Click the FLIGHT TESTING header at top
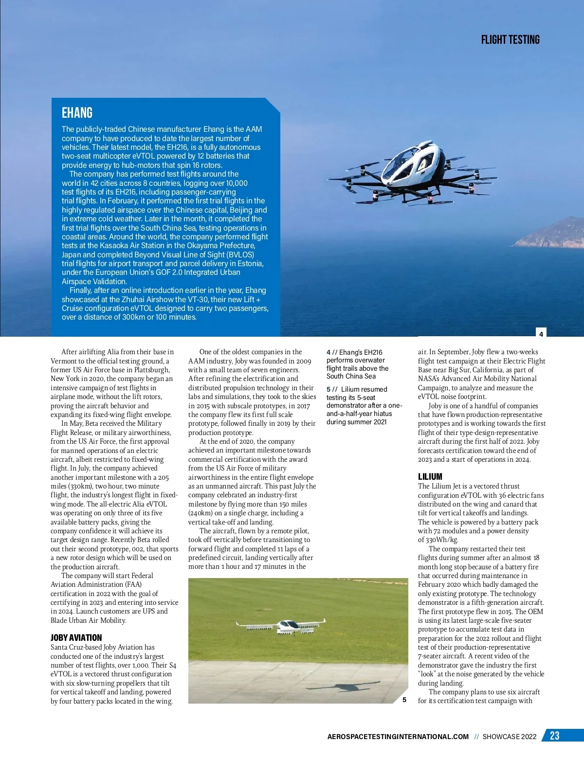coord(510,40)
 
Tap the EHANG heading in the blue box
coord(77,113)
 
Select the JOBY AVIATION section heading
coord(76,637)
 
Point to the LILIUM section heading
coord(430,476)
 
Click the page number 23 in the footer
coord(554,736)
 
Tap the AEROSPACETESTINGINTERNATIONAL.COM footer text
coord(398,737)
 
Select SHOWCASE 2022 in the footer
coord(509,737)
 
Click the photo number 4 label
coord(541,334)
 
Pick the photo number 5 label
coord(404,700)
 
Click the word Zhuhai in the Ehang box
coord(134,300)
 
